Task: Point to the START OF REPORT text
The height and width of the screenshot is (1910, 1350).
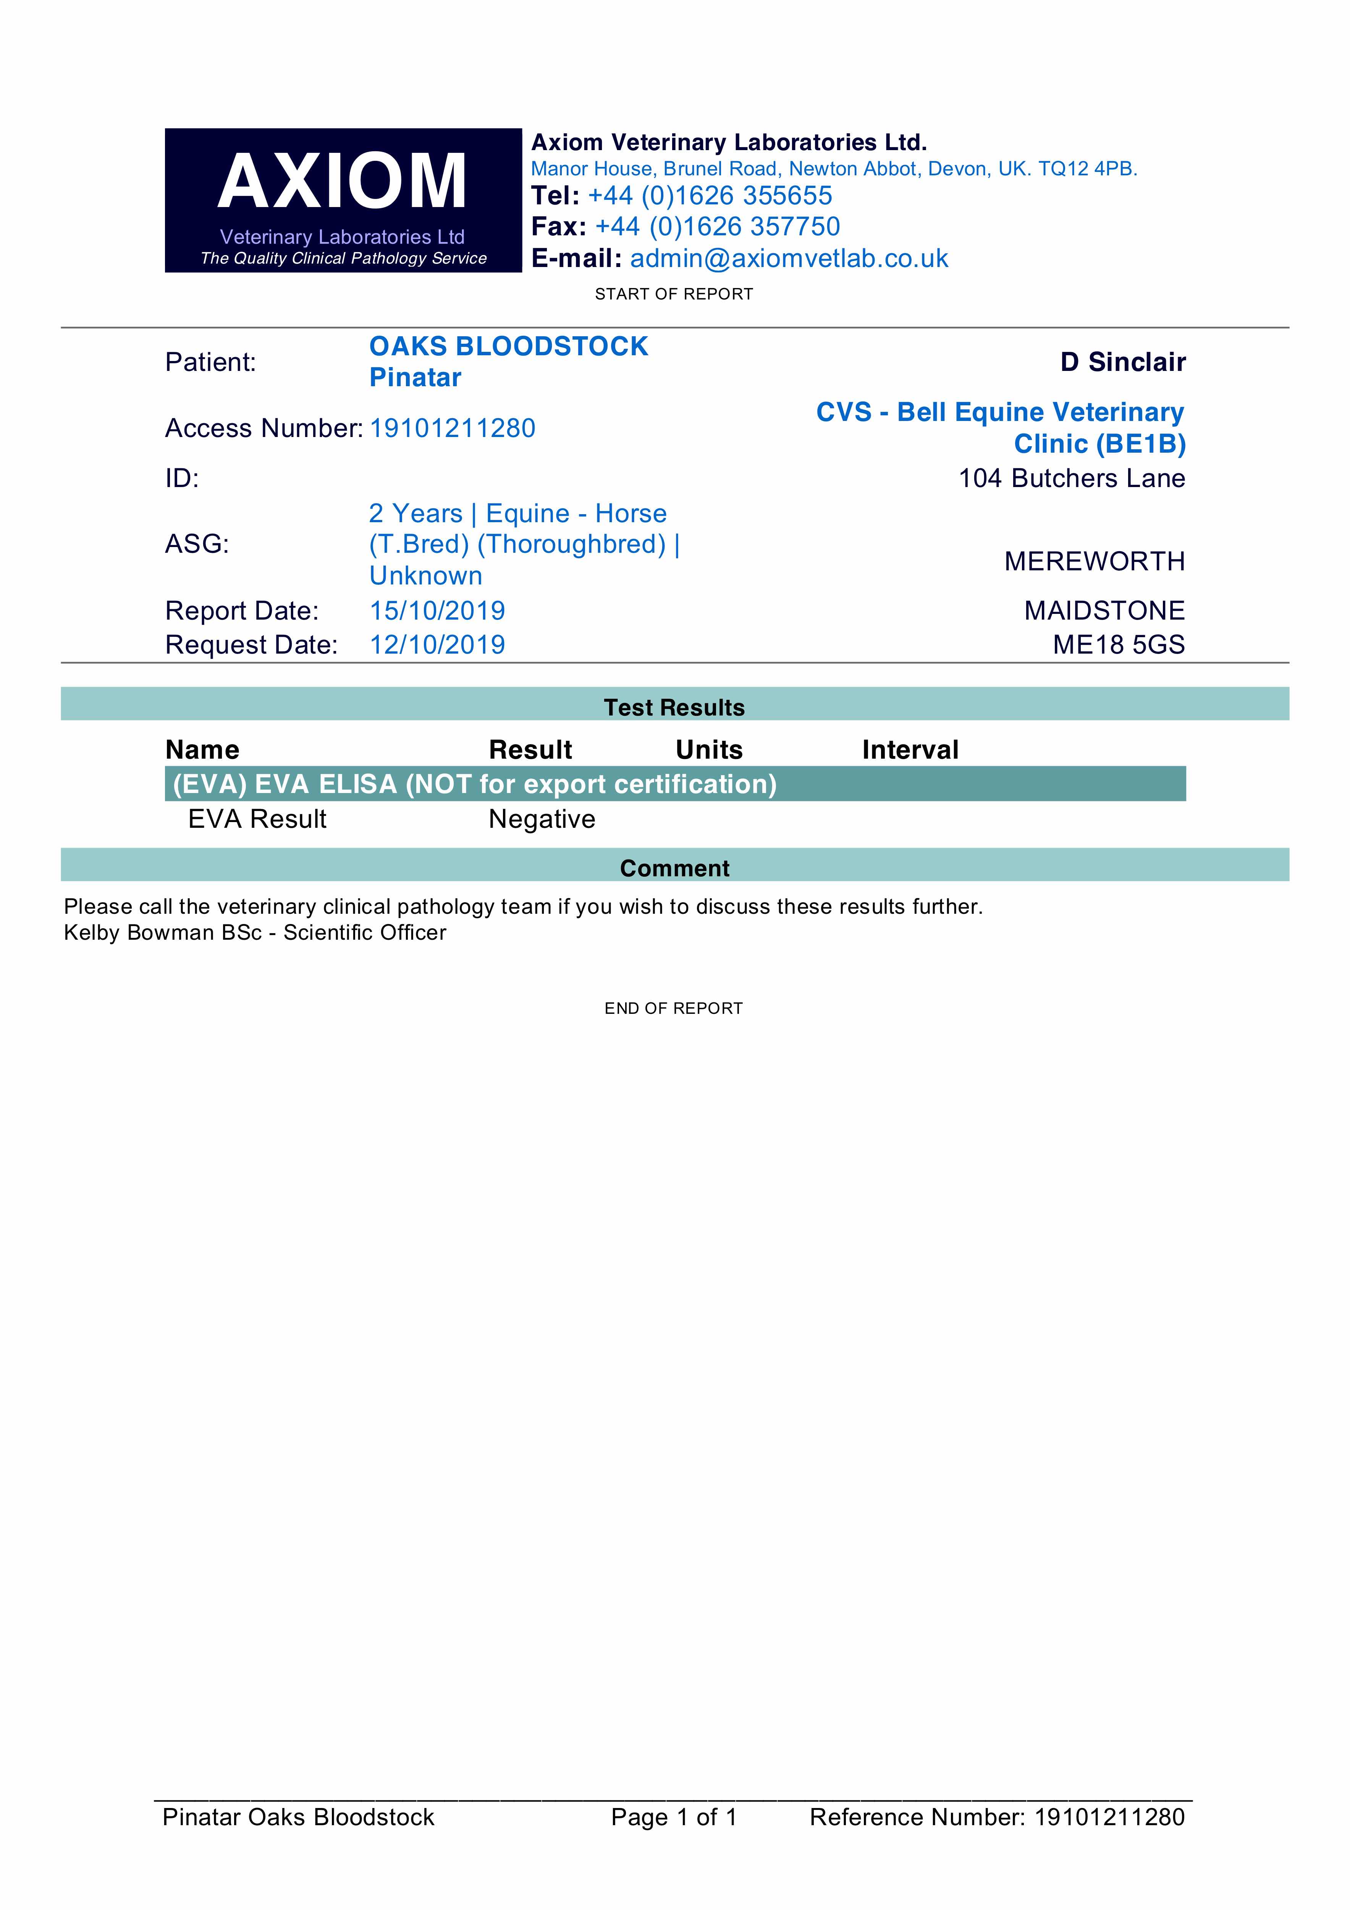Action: (x=674, y=294)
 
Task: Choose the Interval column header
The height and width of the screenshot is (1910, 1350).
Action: (x=910, y=749)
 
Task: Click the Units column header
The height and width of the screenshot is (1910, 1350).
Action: (x=709, y=749)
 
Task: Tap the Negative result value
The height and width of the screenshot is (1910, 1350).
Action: (x=542, y=819)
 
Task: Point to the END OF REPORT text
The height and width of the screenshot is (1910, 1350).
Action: (x=674, y=1008)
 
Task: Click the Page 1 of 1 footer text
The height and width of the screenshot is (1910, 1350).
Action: (x=674, y=1817)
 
